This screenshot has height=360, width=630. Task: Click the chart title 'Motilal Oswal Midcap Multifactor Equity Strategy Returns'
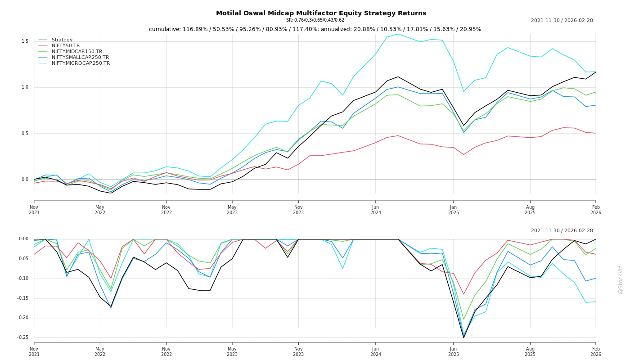[321, 13]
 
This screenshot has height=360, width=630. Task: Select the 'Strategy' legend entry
[62, 40]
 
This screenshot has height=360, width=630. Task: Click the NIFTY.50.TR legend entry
[66, 45]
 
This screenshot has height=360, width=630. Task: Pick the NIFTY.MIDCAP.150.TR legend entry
[77, 51]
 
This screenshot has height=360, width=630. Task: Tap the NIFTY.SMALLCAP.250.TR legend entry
[80, 57]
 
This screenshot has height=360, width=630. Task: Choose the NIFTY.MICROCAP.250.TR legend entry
[81, 63]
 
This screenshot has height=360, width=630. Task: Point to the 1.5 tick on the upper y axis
[25, 41]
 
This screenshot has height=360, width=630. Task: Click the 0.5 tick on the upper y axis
[25, 134]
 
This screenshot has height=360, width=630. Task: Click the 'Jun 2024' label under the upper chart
[375, 210]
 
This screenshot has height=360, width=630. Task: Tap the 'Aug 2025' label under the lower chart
[530, 351]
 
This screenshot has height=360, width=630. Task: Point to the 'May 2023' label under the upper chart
[232, 210]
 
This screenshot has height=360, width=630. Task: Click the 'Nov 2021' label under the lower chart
[34, 351]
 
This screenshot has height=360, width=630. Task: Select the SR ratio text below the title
[315, 20]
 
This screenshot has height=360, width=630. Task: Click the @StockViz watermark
[621, 279]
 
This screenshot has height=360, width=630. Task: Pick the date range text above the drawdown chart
[562, 230]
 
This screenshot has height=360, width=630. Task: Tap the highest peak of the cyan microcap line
[397, 34]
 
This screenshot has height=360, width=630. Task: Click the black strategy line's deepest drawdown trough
[463, 337]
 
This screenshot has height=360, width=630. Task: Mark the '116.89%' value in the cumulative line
[197, 29]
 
